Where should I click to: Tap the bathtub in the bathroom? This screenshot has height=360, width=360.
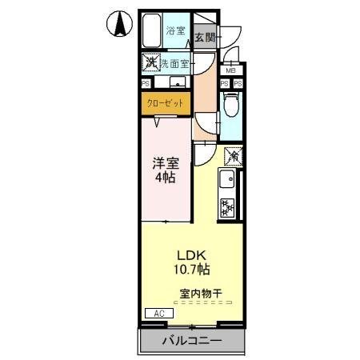coord(151,34)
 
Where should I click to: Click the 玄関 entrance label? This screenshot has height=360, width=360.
coord(204,37)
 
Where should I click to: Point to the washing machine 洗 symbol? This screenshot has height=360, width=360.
coord(150,62)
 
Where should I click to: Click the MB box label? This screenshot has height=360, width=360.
coord(230,70)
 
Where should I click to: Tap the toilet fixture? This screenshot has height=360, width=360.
coord(230,103)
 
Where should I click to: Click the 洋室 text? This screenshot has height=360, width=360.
coord(166,162)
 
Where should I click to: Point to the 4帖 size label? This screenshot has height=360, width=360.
coord(166,177)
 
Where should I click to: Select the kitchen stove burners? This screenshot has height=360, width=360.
coord(227,206)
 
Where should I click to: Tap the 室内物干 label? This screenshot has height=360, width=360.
coord(199,293)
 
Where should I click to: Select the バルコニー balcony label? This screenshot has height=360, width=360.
coord(191,341)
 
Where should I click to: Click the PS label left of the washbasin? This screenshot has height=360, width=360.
coord(146,82)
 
